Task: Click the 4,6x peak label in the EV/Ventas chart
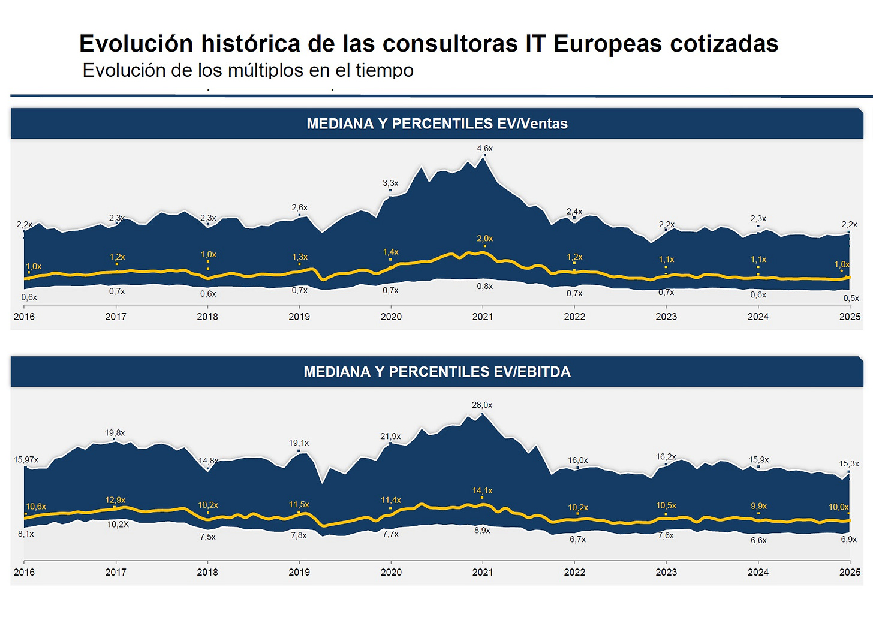pos(484,148)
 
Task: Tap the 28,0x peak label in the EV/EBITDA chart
pos(482,405)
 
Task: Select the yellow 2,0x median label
pos(484,239)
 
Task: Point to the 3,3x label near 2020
pos(390,183)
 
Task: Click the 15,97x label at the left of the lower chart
pos(26,460)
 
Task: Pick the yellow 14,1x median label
pos(482,490)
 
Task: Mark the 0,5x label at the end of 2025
pos(851,298)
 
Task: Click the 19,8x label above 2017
pos(115,433)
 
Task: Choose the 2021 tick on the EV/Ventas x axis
pos(483,317)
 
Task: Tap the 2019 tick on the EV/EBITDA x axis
pos(299,572)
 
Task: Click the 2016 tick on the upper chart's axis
pos(24,317)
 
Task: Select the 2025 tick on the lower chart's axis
pos(850,572)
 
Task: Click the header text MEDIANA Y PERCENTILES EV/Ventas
pos(436,124)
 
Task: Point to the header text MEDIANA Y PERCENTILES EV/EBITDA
pos(436,372)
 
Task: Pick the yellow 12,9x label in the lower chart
pos(115,500)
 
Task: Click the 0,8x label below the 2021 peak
pos(484,287)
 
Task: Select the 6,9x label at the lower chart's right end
pos(848,540)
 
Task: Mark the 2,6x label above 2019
pos(299,207)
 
